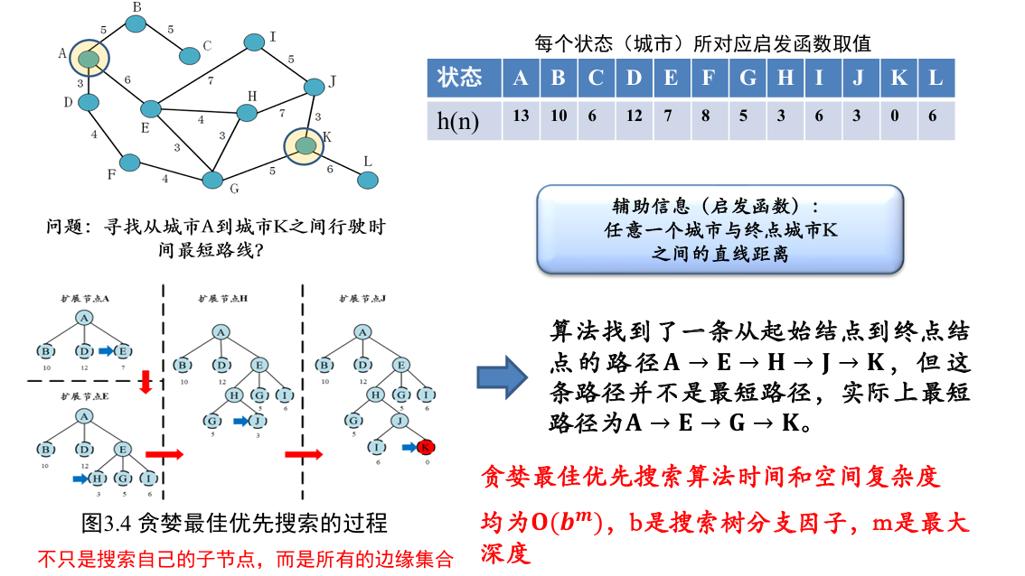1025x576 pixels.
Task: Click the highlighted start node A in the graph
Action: [x=89, y=59]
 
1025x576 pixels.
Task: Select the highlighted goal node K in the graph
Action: [x=306, y=145]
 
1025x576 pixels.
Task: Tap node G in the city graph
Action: [x=212, y=180]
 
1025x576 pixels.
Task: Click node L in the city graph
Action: [x=367, y=180]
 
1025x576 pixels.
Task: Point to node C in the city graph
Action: [x=189, y=55]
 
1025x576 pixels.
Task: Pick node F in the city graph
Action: [x=130, y=163]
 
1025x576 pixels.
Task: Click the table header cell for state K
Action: [x=898, y=78]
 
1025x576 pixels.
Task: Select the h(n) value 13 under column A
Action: [x=521, y=116]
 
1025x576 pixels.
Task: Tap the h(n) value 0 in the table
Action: [x=898, y=116]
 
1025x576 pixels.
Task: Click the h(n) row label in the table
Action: [x=459, y=119]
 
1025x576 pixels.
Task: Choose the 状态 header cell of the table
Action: [x=460, y=78]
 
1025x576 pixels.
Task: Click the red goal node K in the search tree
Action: [x=427, y=446]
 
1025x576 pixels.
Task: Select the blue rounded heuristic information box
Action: [x=719, y=230]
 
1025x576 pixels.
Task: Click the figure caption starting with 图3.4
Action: [x=233, y=523]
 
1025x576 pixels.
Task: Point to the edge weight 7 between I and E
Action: [x=212, y=80]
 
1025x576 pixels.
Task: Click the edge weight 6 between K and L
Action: [x=330, y=169]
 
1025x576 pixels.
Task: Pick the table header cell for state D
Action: [x=634, y=78]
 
